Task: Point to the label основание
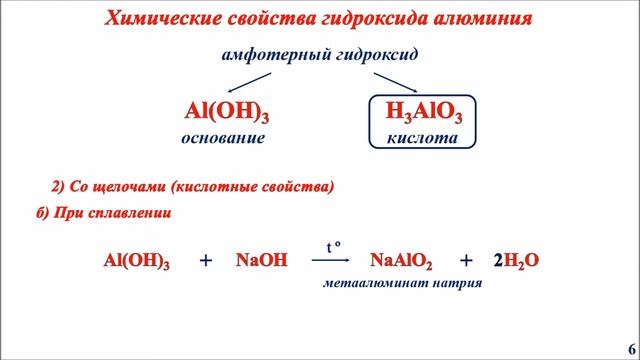tap(223, 139)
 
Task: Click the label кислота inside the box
tap(422, 139)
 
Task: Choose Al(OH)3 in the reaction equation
tap(136, 261)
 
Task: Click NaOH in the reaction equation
tap(262, 261)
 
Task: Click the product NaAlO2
tap(401, 261)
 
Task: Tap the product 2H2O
tap(516, 261)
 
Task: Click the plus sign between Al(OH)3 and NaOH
tap(206, 261)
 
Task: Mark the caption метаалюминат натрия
tap(402, 283)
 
